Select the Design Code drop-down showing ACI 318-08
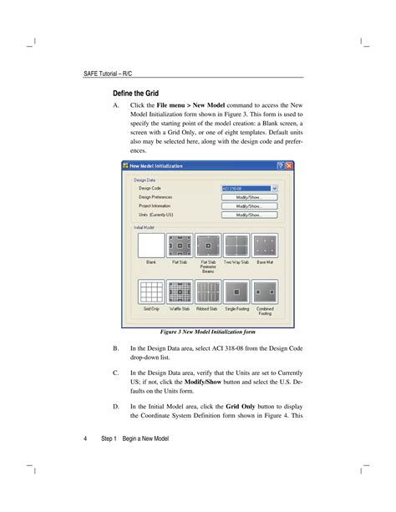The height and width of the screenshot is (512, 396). tap(249, 189)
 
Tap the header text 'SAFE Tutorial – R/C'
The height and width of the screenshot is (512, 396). tap(110, 74)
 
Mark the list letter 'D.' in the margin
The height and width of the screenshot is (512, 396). tap(115, 406)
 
